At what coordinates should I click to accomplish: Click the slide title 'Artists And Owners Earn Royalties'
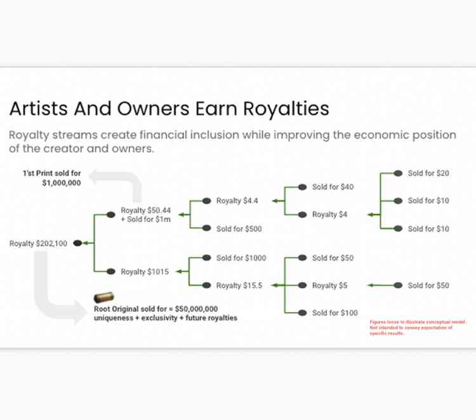click(169, 109)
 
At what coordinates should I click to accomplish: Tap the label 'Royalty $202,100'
click(38, 243)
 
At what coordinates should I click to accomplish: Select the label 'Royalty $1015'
click(145, 272)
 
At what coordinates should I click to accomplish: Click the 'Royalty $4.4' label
click(237, 201)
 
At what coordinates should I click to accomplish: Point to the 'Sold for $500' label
click(239, 229)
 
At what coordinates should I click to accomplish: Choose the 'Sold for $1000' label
click(241, 258)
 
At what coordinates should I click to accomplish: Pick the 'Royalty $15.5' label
click(239, 285)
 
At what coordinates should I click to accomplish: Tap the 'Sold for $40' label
click(333, 187)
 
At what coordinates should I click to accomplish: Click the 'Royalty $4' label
click(329, 215)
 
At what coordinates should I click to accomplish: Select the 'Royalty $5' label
click(329, 285)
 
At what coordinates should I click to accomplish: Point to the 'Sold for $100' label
click(334, 313)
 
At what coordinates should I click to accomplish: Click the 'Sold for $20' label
click(428, 173)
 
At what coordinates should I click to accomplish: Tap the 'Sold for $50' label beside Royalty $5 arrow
click(428, 285)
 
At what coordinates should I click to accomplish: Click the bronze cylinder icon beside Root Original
click(103, 298)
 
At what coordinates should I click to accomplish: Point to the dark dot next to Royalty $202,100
click(77, 243)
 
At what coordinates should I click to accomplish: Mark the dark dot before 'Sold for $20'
click(398, 173)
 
